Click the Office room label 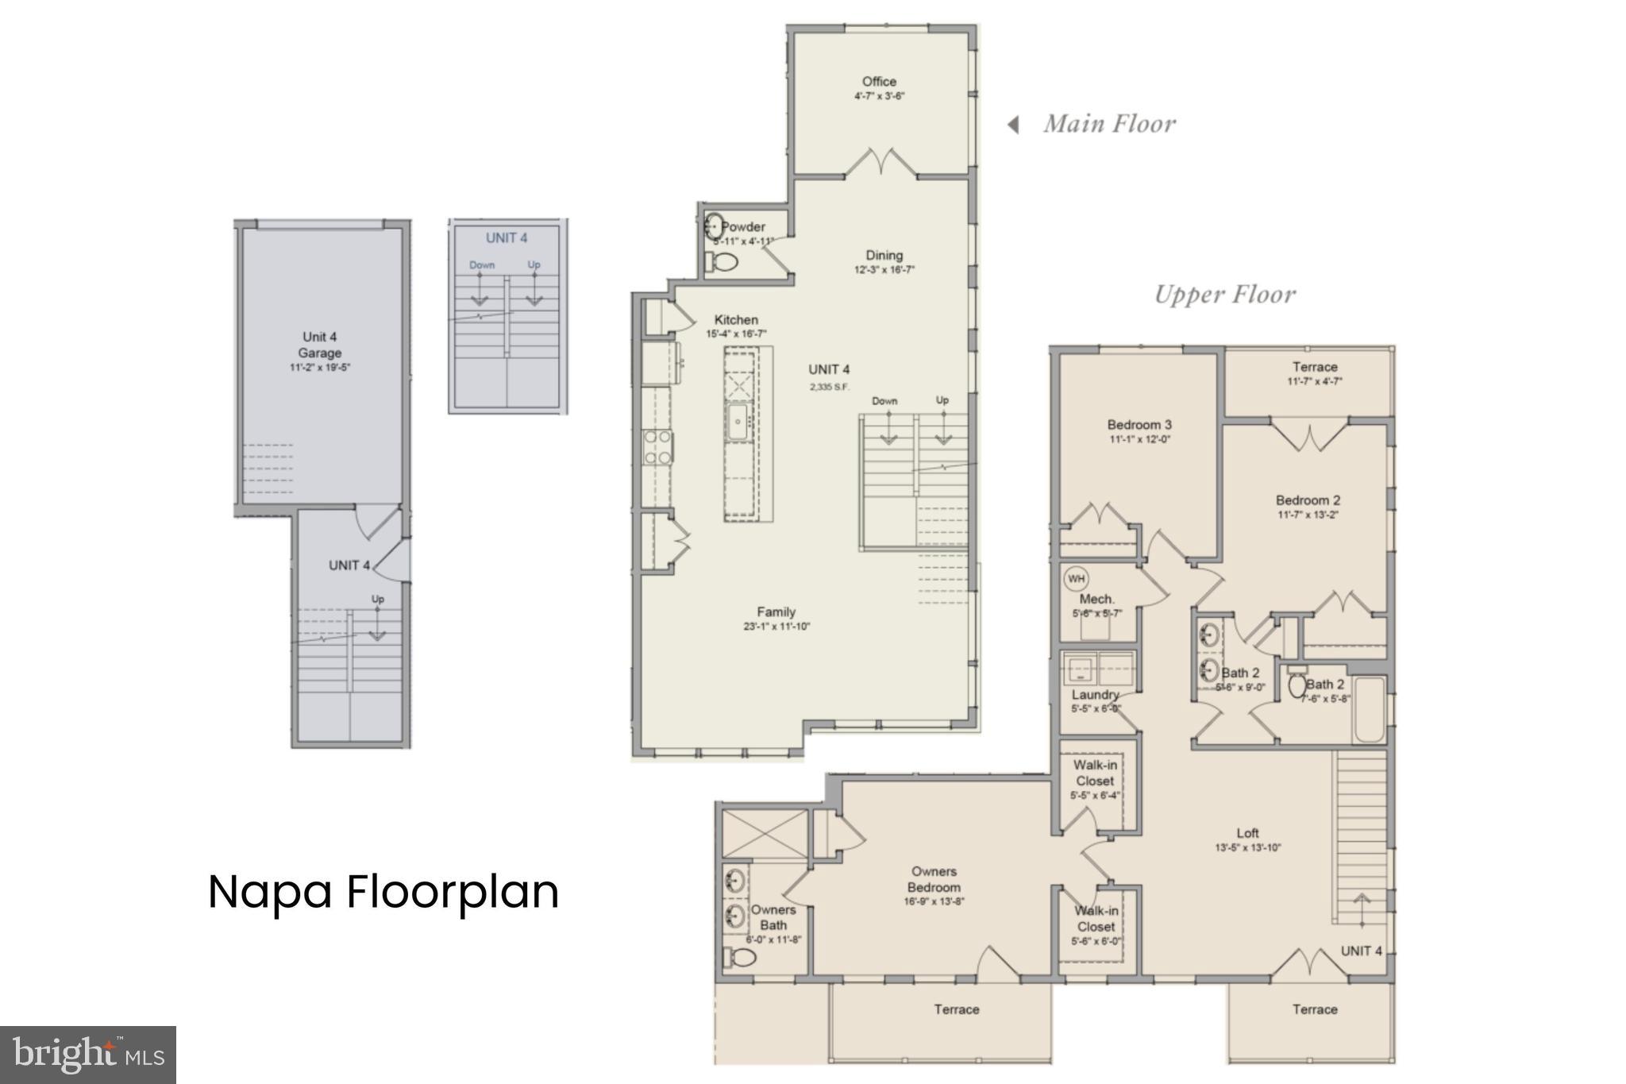point(879,82)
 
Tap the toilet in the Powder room point(721,261)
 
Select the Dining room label point(884,256)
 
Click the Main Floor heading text point(1109,124)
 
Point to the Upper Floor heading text point(1224,295)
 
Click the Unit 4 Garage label point(320,345)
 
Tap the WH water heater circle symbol point(1076,578)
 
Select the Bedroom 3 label point(1139,425)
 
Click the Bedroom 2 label point(1308,500)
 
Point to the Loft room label point(1247,833)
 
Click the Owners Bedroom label point(934,879)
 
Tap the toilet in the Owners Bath point(740,958)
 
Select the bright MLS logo point(88,1055)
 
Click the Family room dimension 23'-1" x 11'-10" point(776,627)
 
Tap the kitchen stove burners point(657,447)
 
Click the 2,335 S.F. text point(830,387)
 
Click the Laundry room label point(1095,695)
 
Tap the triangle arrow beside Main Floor point(1013,125)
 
